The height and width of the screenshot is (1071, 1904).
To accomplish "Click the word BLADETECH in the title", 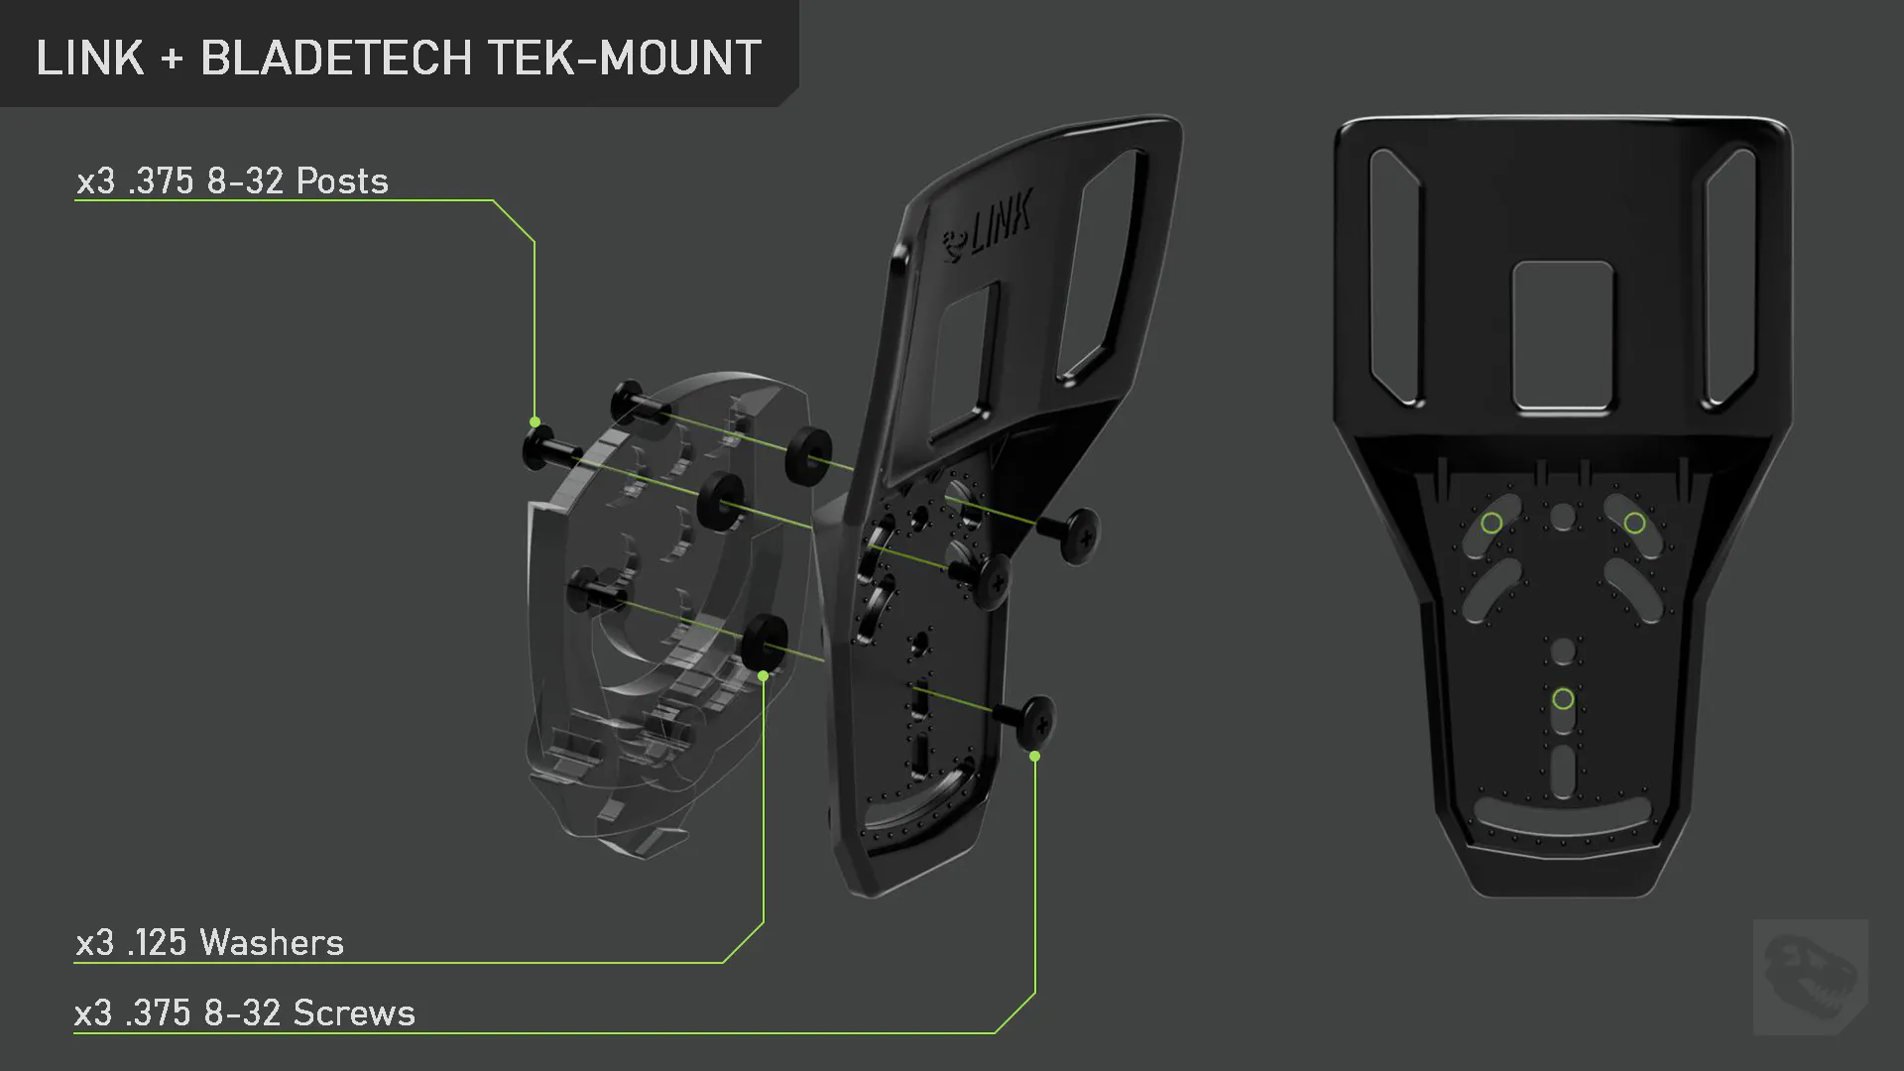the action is tap(336, 58).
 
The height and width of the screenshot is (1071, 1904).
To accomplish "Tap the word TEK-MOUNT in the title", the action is tap(625, 58).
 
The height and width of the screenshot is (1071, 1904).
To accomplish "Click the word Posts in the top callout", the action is tap(342, 180).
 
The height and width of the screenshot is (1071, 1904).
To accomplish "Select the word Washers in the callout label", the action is tap(272, 942).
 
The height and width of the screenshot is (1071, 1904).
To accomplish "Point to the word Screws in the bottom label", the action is tap(354, 1012).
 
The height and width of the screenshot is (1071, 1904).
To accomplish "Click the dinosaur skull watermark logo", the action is tap(1811, 977).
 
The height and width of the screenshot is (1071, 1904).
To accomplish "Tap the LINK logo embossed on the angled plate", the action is tap(988, 225).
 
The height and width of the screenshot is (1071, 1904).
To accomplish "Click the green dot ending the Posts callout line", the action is tap(535, 422).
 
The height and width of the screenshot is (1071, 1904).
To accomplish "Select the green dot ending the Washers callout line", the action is tap(763, 675).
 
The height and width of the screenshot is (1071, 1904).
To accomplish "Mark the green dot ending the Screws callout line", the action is tap(1034, 756).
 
